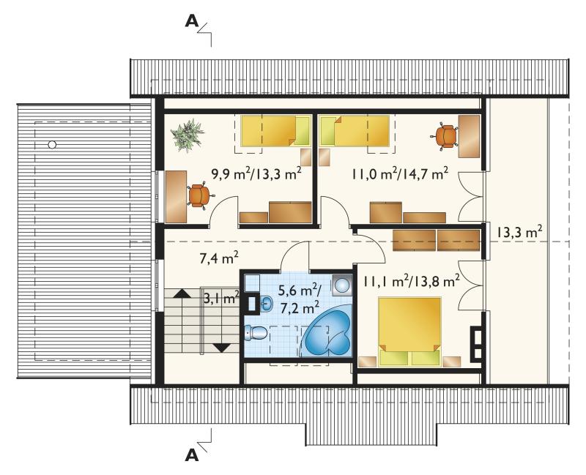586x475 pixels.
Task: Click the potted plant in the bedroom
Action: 188,135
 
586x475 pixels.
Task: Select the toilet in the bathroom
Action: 255,333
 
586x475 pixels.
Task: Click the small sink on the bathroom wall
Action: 266,303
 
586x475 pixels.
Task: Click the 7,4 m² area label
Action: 219,258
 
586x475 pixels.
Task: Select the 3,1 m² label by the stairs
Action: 221,298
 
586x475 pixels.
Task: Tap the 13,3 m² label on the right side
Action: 519,232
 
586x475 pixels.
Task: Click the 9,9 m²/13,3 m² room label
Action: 256,174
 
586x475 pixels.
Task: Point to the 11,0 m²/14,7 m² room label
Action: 399,174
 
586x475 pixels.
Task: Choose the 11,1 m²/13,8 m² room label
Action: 409,282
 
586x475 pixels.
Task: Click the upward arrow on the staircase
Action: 182,293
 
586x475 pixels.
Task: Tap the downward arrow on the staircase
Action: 222,348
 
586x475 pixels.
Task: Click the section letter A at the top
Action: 192,21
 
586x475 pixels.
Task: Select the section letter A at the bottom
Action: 192,455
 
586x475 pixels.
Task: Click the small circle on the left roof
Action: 52,144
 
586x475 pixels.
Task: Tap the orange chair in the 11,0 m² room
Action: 447,136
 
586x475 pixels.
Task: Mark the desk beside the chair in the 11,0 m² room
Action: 469,136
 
